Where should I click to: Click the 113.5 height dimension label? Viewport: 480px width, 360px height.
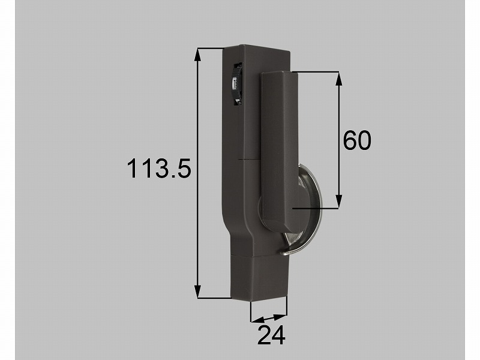click(159, 169)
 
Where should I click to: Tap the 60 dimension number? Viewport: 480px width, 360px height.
click(357, 140)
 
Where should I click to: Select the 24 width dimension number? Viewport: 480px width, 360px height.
click(271, 335)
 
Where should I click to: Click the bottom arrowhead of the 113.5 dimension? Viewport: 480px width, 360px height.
click(198, 291)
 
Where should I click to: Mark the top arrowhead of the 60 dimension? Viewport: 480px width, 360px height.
click(338, 79)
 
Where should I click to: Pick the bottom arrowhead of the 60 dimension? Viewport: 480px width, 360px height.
click(338, 202)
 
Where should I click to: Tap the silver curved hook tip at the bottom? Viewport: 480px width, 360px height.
click(284, 251)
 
